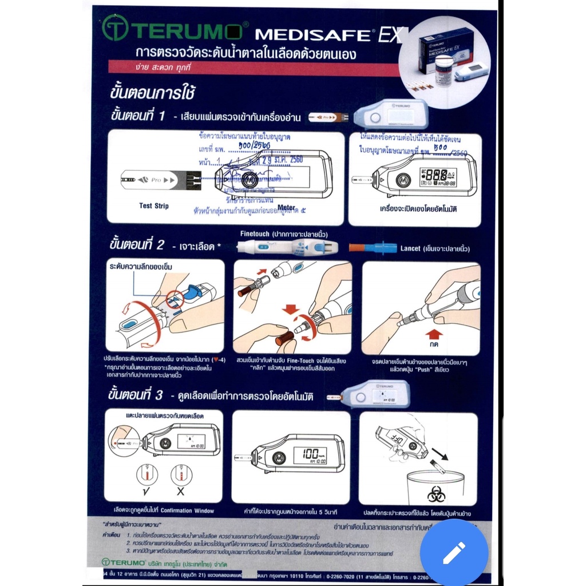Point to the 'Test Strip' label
tap(154, 205)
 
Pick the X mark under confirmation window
tap(181, 492)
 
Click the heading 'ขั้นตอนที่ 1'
tap(137, 116)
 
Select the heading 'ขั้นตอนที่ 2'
tap(137, 245)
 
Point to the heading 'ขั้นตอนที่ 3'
tap(137, 394)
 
